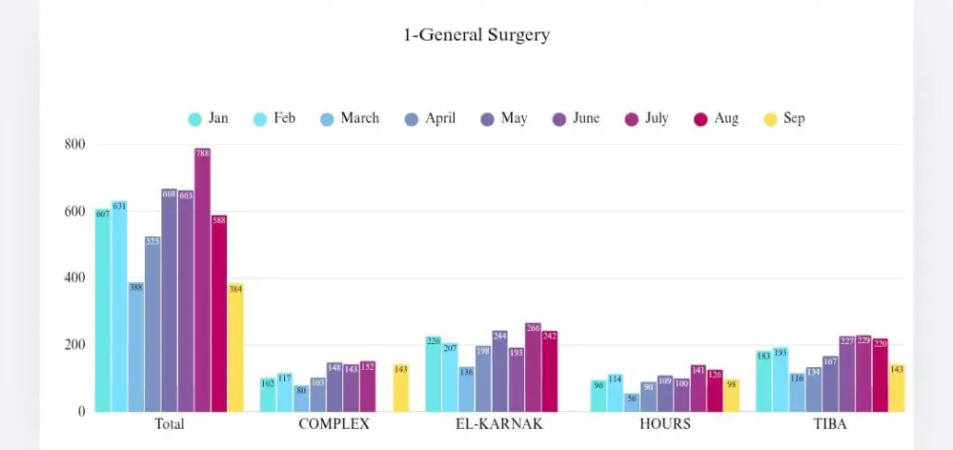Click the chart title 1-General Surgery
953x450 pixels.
point(476,35)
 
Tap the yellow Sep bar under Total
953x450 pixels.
point(235,348)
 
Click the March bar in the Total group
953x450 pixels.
point(136,348)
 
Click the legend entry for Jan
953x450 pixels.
point(208,119)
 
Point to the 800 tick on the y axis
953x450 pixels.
point(75,145)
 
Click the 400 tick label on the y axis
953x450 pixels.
point(75,278)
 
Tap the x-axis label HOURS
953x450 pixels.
point(664,424)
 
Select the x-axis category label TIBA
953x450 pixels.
point(830,424)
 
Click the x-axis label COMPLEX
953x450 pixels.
point(334,424)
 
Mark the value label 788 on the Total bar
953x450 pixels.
point(202,153)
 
